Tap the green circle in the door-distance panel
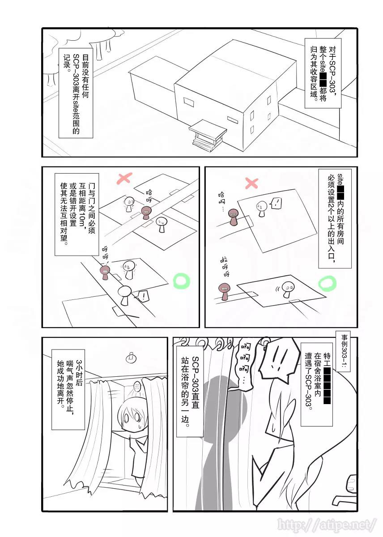click(181, 281)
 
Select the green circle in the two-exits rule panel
click(327, 283)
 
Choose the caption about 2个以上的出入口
click(335, 218)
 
